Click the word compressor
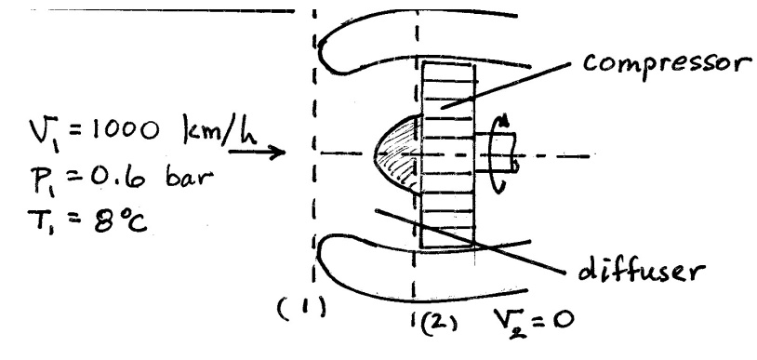click(x=668, y=65)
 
